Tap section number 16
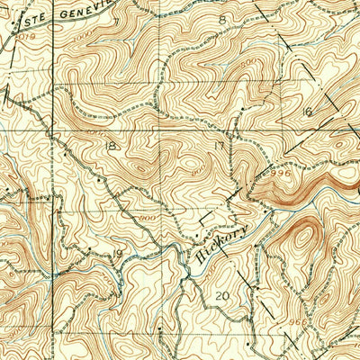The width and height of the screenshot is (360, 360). (x=307, y=111)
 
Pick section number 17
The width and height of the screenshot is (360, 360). (x=219, y=145)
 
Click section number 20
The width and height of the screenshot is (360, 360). (x=223, y=295)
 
